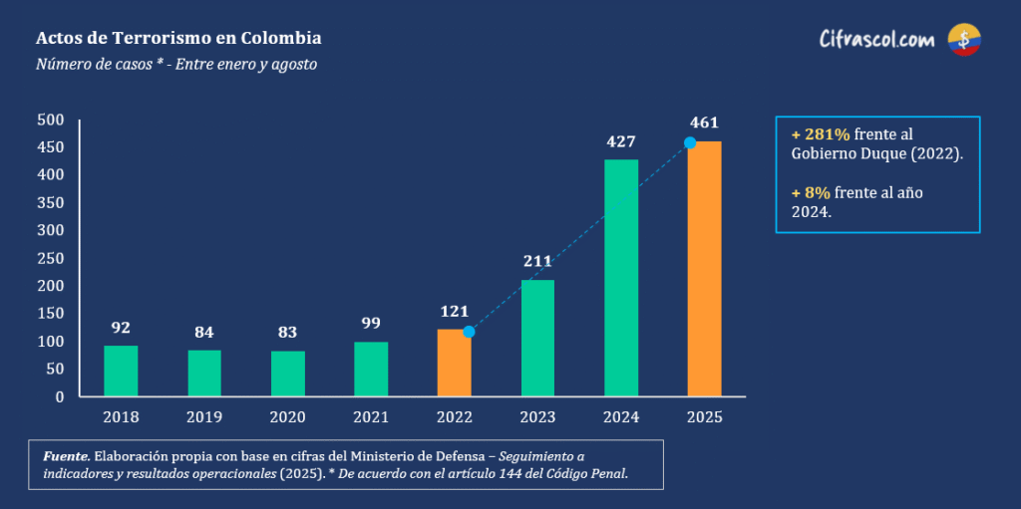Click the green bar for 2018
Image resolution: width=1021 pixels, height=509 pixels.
(x=121, y=371)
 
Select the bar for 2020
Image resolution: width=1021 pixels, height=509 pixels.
(x=288, y=374)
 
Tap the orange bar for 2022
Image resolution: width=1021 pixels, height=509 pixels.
(x=454, y=363)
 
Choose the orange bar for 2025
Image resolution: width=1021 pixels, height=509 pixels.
(x=704, y=269)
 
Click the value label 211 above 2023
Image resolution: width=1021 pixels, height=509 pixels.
(x=537, y=262)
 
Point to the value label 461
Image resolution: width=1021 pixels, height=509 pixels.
(x=704, y=123)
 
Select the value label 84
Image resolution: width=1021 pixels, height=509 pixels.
(x=204, y=332)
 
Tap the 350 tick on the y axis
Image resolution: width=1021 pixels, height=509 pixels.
(x=51, y=203)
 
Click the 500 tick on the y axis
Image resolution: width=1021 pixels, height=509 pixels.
(x=51, y=121)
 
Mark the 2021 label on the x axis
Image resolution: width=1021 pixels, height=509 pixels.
(x=371, y=416)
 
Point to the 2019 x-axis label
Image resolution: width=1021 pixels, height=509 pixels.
(x=204, y=416)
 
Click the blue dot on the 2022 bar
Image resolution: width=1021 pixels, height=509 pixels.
(x=469, y=332)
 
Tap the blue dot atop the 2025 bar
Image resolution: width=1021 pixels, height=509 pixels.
(x=689, y=142)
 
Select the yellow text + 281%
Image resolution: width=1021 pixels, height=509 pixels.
(x=821, y=134)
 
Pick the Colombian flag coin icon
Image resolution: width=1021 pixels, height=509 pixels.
(x=964, y=40)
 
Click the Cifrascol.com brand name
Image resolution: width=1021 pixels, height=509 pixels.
(x=876, y=40)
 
